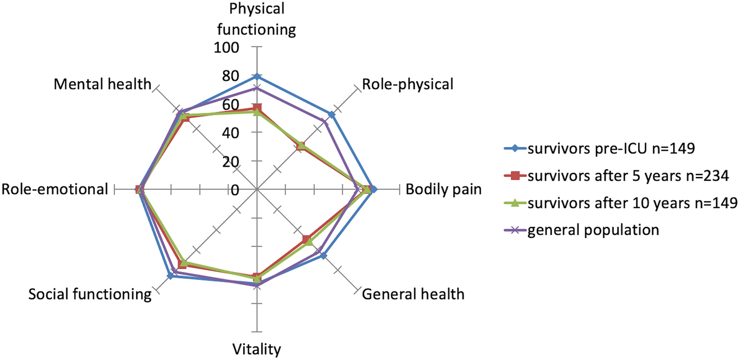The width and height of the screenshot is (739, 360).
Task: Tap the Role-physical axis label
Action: pyautogui.click(x=407, y=84)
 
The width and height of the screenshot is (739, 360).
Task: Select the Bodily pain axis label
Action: pyautogui.click(x=443, y=189)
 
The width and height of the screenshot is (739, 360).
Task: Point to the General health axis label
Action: pyautogui.click(x=413, y=295)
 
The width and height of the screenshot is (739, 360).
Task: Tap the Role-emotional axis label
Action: pyautogui.click(x=55, y=189)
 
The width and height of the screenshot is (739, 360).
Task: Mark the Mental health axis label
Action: pyautogui.click(x=102, y=84)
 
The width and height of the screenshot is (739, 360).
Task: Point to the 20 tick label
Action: pyautogui.click(x=232, y=162)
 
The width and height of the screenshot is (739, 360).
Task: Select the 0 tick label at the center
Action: pyautogui.click(x=235, y=190)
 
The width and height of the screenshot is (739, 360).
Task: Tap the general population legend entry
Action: pyautogui.click(x=593, y=230)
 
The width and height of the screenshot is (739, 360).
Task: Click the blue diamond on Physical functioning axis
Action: pyautogui.click(x=256, y=76)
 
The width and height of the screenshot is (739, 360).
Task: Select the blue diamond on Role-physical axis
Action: pyautogui.click(x=332, y=114)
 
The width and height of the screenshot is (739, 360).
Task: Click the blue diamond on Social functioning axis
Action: pyautogui.click(x=170, y=276)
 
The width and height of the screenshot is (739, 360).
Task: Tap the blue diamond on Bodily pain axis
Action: pyautogui.click(x=374, y=189)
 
